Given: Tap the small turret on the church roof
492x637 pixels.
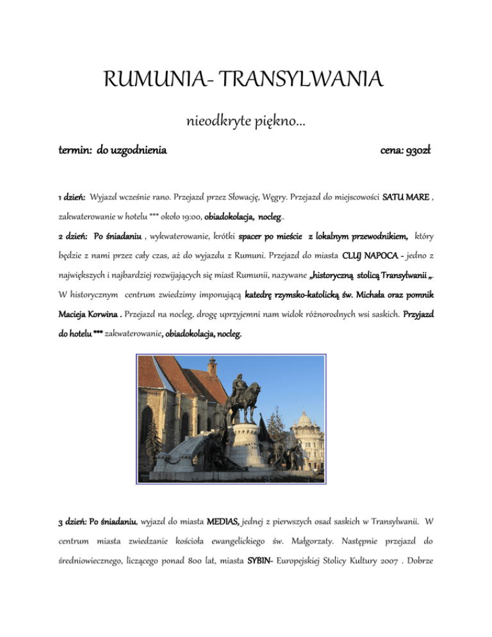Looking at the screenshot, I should [x=211, y=369].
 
